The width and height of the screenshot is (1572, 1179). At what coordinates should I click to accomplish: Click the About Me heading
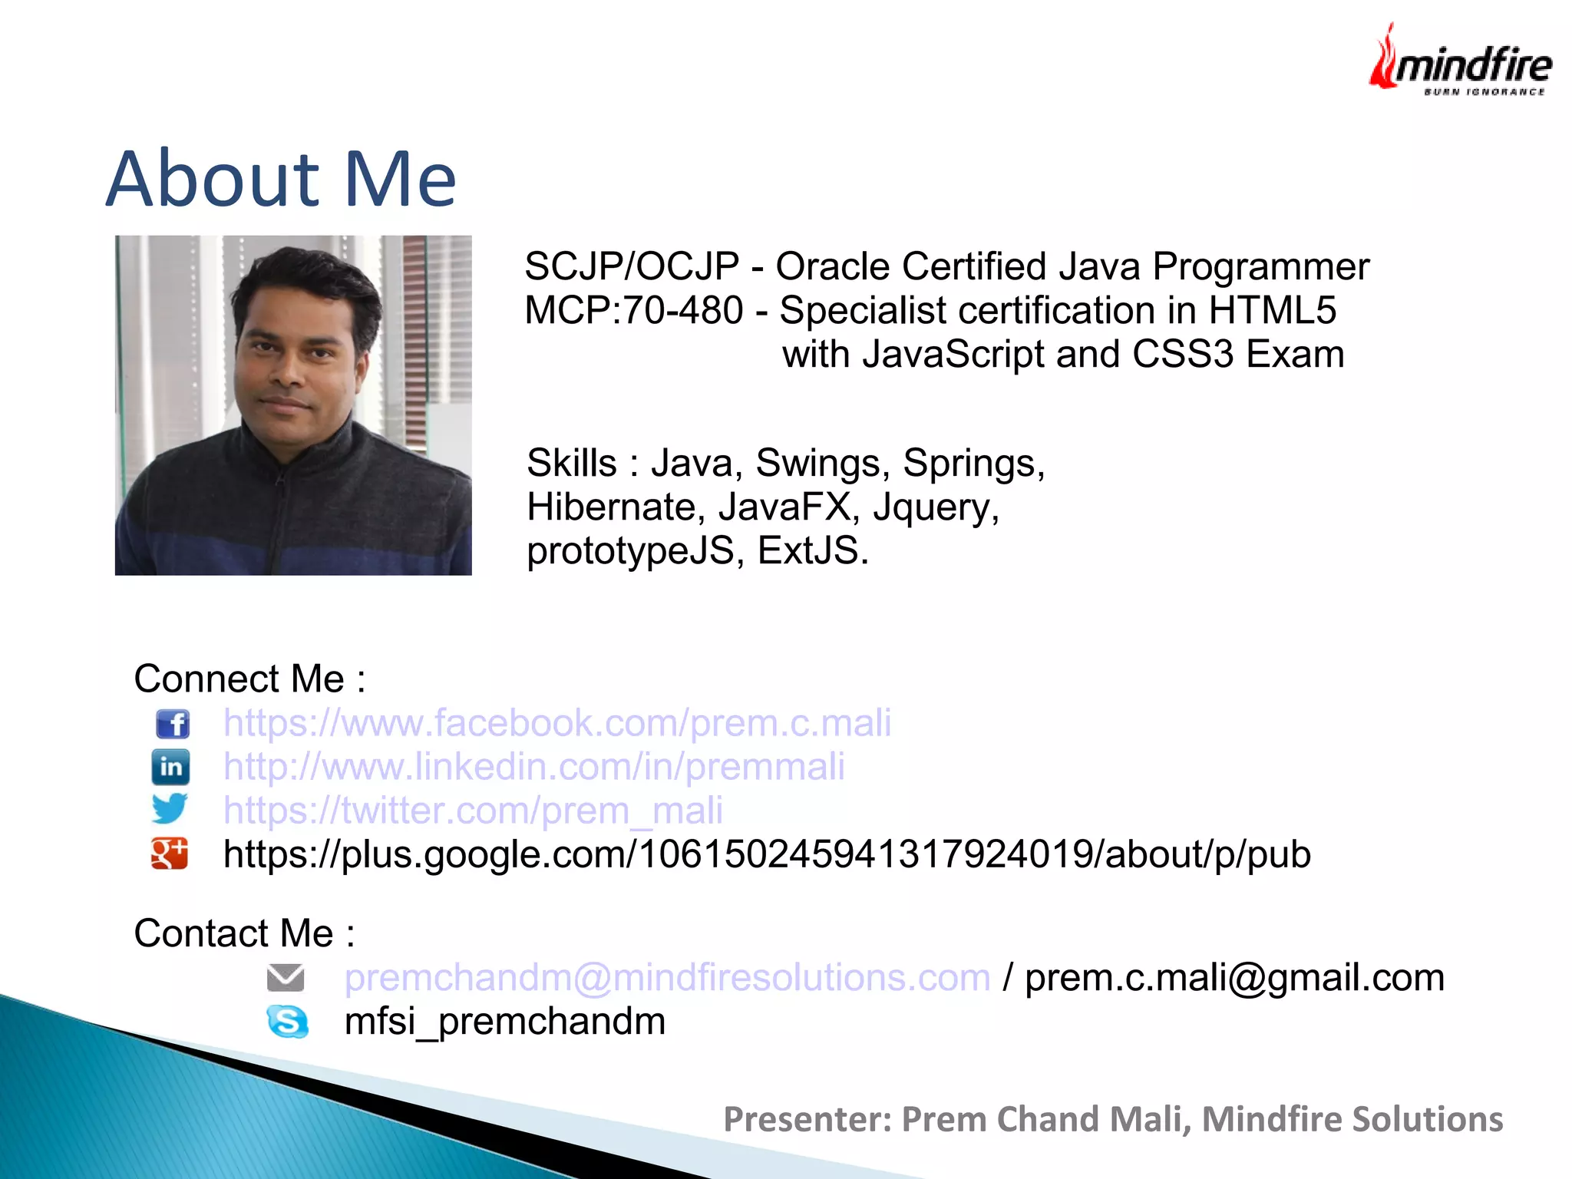pyautogui.click(x=281, y=180)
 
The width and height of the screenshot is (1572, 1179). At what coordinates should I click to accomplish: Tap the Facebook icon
pyautogui.click(x=172, y=723)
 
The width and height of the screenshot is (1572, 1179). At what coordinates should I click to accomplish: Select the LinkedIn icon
pyautogui.click(x=170, y=767)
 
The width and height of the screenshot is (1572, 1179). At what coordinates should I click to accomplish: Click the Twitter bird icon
pyautogui.click(x=170, y=808)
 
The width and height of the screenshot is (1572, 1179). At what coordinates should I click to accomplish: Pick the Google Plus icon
pyautogui.click(x=170, y=854)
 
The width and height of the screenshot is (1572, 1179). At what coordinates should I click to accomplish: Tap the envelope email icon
pyautogui.click(x=286, y=978)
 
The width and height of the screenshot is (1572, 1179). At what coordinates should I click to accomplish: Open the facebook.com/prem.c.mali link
pyautogui.click(x=557, y=723)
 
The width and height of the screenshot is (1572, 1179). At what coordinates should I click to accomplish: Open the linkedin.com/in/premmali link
pyautogui.click(x=534, y=767)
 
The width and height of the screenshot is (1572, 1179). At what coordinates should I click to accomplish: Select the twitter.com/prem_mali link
pyautogui.click(x=473, y=811)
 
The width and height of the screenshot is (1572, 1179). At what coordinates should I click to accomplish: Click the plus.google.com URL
pyautogui.click(x=767, y=854)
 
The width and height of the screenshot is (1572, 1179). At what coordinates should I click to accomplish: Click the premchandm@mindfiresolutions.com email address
pyautogui.click(x=667, y=978)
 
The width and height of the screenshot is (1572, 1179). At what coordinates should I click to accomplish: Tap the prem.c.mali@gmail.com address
pyautogui.click(x=1234, y=978)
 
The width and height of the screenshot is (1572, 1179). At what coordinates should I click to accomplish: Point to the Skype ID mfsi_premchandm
pyautogui.click(x=505, y=1022)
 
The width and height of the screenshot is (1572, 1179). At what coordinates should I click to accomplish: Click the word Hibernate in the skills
pyautogui.click(x=611, y=507)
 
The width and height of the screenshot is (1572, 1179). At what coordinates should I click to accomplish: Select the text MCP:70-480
pyautogui.click(x=633, y=311)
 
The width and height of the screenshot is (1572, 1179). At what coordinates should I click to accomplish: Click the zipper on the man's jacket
pyautogui.click(x=286, y=507)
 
